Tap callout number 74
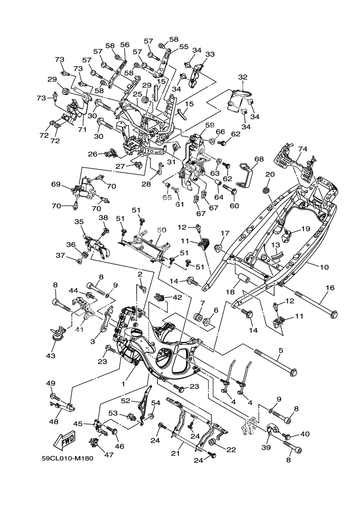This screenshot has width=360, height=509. point(302,148)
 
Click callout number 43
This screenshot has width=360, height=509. point(51,356)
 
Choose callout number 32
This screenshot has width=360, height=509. point(243,77)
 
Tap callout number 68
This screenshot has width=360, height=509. point(259,159)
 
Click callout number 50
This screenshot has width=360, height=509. point(161,231)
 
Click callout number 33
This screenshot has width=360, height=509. point(209,54)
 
